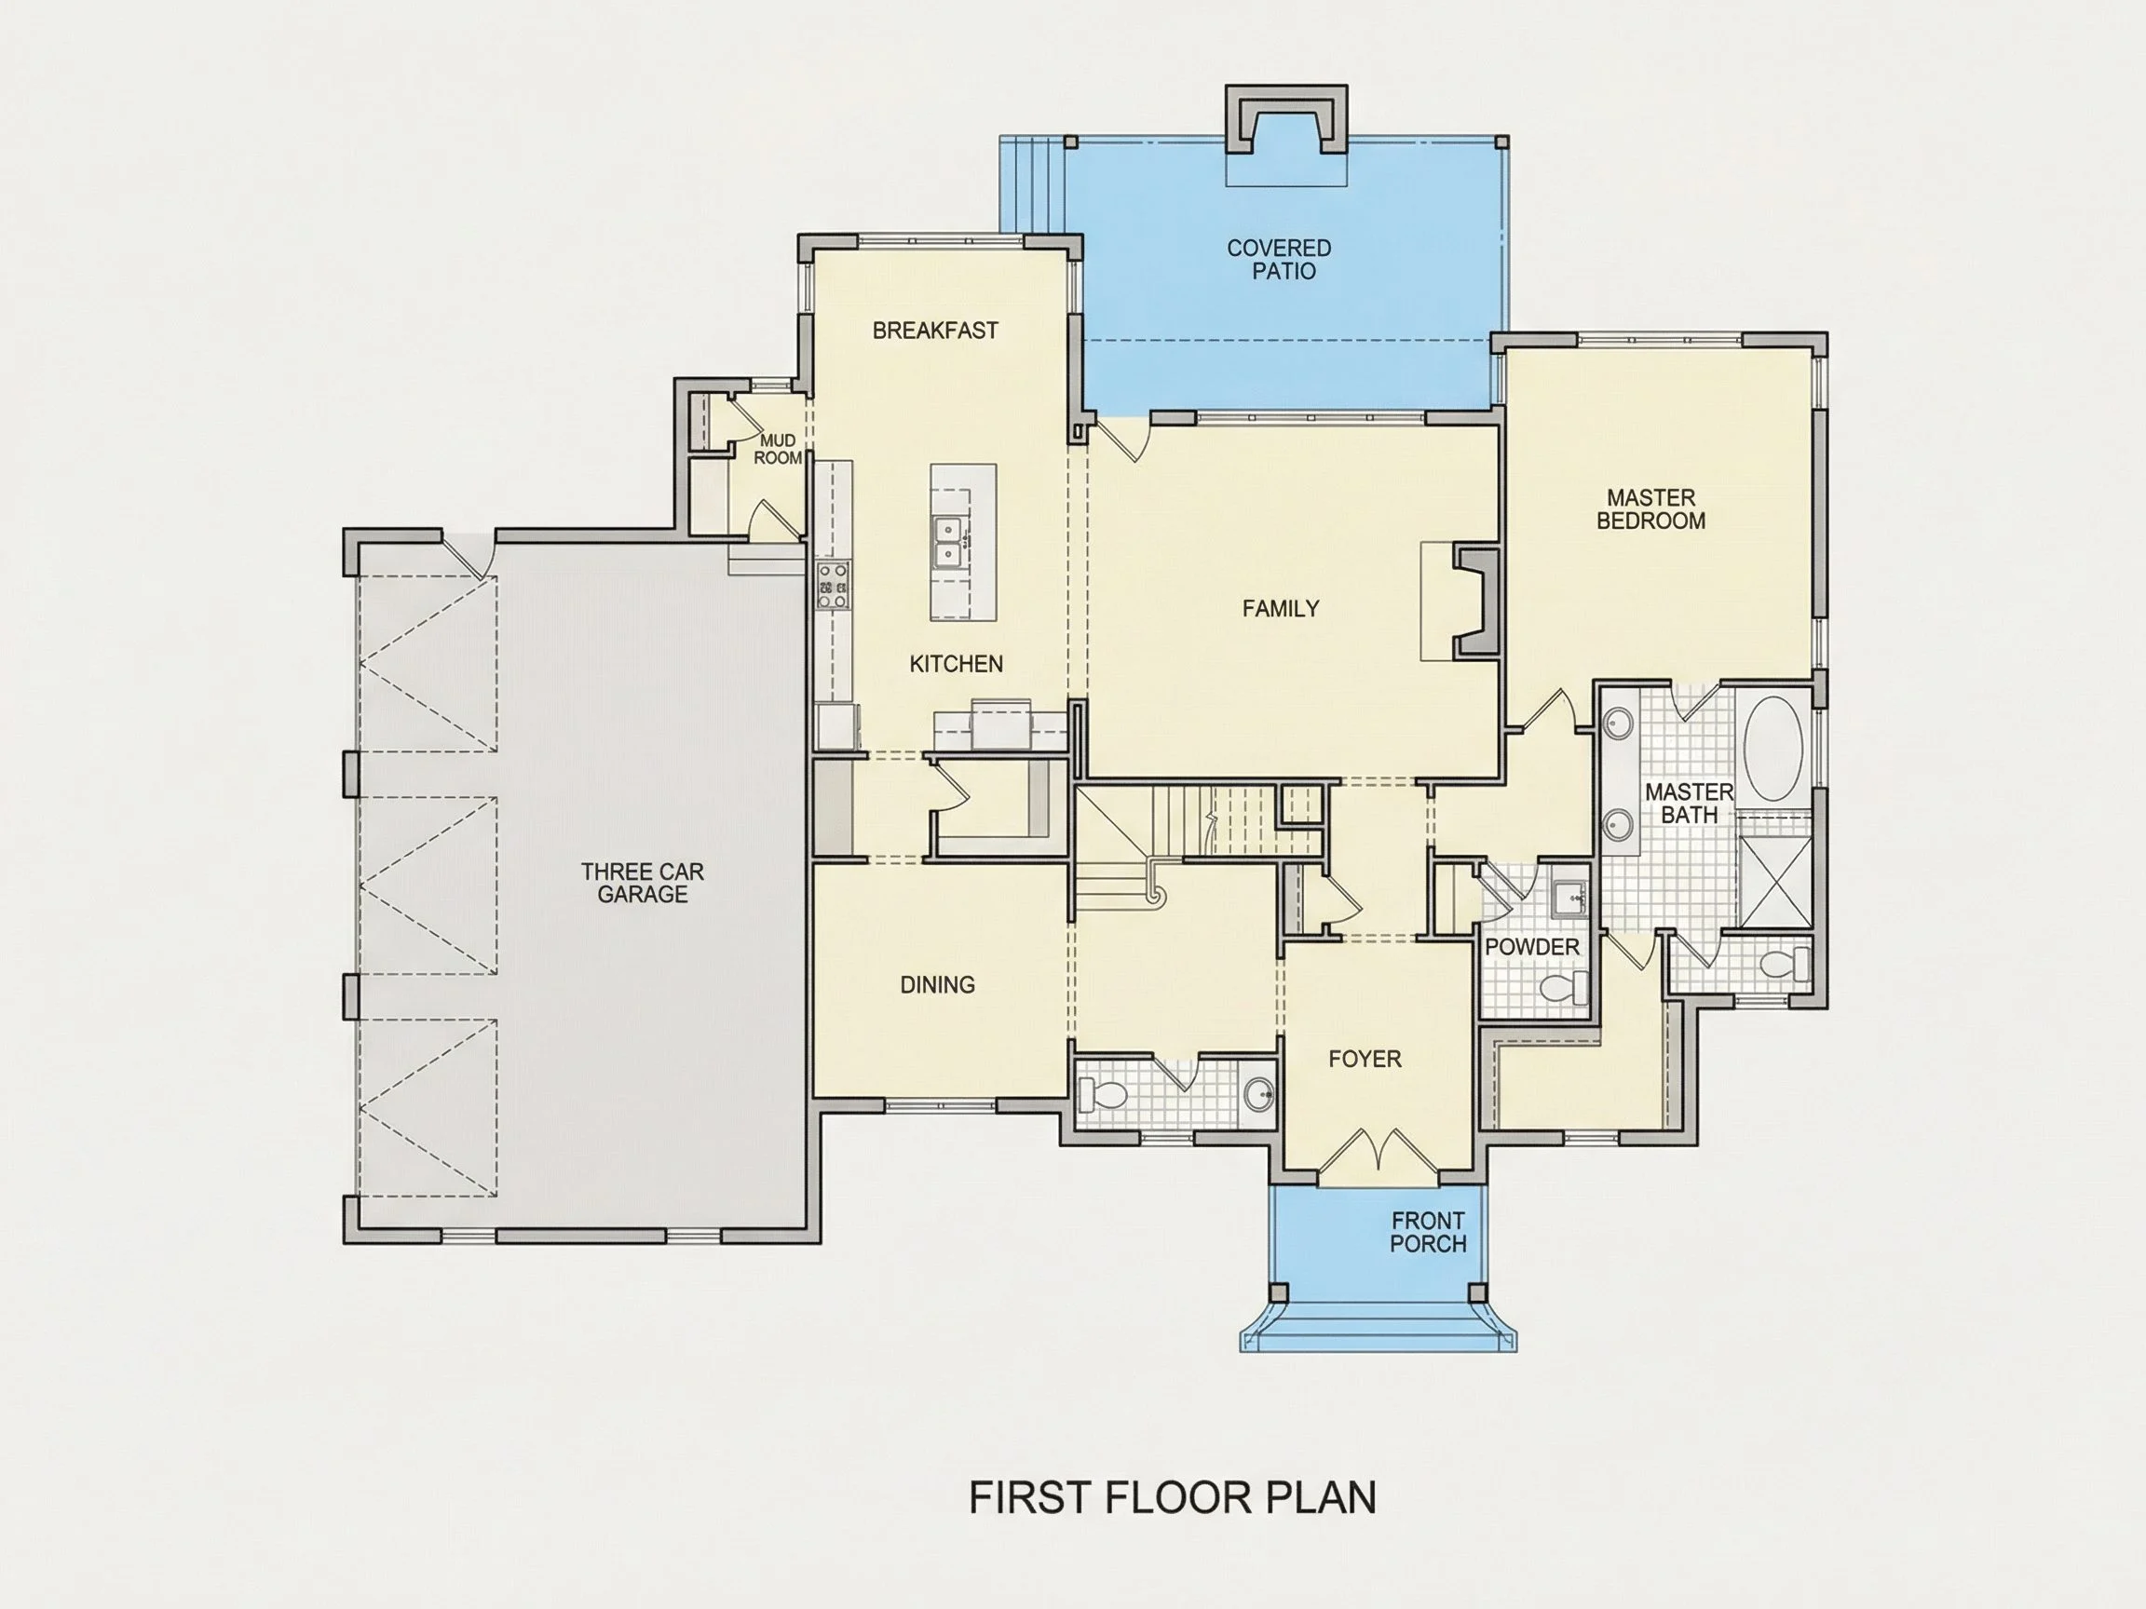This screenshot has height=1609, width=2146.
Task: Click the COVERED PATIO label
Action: pos(1280,260)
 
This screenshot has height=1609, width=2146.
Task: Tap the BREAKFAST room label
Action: pos(935,331)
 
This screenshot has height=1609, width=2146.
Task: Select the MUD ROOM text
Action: pos(778,450)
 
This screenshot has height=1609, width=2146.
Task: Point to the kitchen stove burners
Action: pos(834,586)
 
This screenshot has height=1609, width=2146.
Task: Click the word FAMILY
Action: pos(1281,608)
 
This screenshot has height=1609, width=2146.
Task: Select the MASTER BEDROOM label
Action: pos(1651,509)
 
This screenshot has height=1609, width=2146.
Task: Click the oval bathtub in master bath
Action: pos(1773,748)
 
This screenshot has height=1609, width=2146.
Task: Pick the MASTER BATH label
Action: pos(1689,804)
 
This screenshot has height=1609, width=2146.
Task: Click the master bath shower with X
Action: pos(1774,882)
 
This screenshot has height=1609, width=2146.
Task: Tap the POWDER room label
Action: pos(1532,947)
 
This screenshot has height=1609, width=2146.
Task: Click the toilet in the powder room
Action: pos(1564,988)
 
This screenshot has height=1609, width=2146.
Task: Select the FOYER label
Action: pos(1365,1059)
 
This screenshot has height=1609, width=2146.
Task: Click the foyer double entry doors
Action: pos(1378,1154)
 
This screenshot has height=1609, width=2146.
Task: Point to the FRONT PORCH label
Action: pos(1428,1232)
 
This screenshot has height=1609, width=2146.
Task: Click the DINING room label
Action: pos(937,985)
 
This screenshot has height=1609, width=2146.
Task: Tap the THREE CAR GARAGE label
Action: pos(643,883)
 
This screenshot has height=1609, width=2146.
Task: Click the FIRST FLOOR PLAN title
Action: pos(1173,1496)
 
